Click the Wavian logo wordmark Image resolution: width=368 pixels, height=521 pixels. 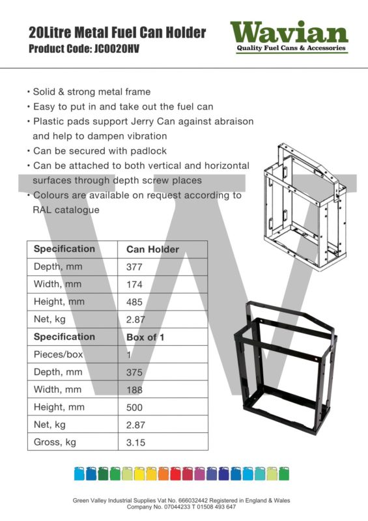pyautogui.click(x=289, y=32)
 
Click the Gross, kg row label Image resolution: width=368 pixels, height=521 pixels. pyautogui.click(x=57, y=443)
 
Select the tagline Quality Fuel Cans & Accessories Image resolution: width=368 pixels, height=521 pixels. pyautogui.click(x=290, y=48)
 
